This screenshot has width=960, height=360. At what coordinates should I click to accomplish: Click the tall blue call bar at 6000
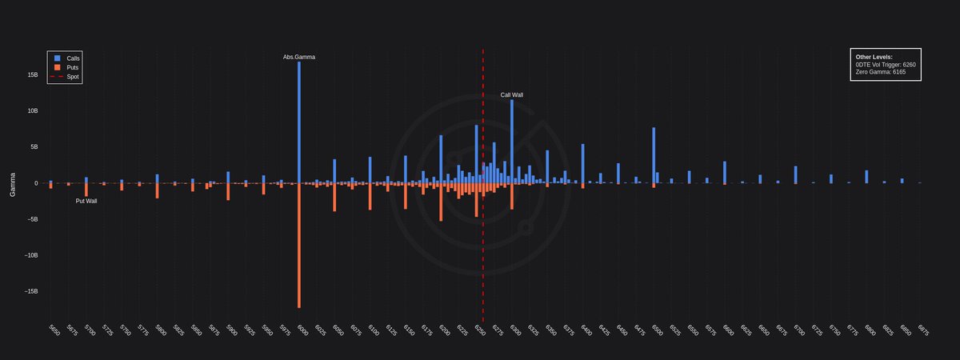coord(299,120)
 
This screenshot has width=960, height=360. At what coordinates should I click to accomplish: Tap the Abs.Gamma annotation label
coord(299,58)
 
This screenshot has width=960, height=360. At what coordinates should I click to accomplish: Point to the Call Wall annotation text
coord(512,95)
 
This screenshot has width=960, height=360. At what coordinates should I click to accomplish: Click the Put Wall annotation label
coord(86,201)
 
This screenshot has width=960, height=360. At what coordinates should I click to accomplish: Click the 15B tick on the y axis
coord(33,75)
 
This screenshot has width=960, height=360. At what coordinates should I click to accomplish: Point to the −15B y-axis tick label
coord(31,292)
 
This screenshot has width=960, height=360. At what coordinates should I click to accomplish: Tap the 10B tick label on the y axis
coord(33,111)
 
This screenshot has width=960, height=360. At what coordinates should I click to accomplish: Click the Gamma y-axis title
coord(13,183)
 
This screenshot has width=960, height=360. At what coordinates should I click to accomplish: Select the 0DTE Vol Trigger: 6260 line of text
coord(886,65)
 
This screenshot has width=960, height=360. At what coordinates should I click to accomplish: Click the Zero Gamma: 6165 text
coord(881,72)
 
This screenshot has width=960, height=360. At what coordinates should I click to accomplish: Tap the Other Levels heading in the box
coord(874,58)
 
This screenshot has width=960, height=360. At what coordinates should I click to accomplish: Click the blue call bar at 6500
coord(654,155)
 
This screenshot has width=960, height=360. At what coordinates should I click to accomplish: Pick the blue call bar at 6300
coord(512,141)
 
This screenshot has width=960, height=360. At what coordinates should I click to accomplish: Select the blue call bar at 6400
coord(582,164)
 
